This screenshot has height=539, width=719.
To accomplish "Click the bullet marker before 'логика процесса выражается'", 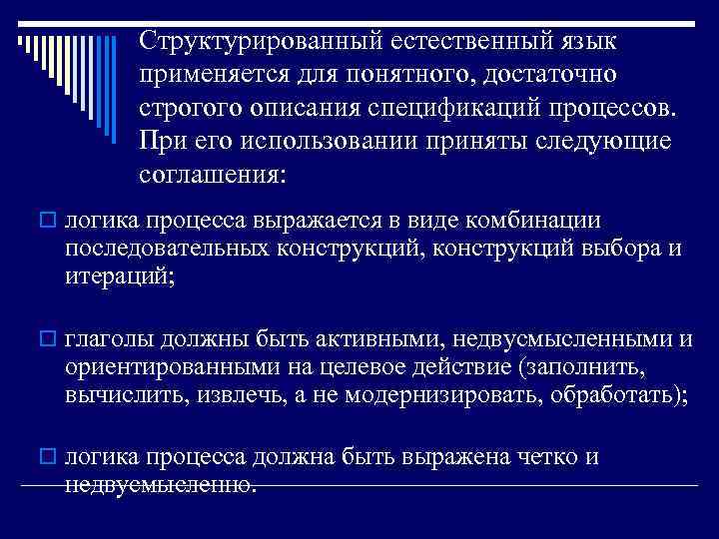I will [50, 221].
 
